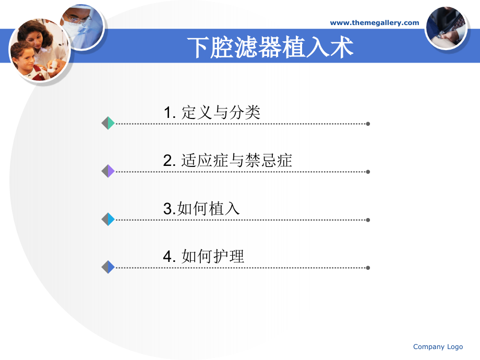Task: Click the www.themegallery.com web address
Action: (x=375, y=22)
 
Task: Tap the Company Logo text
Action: (x=438, y=347)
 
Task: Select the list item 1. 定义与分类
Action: (x=212, y=112)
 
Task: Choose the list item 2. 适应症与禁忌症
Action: (x=227, y=161)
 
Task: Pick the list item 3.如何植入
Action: (x=201, y=209)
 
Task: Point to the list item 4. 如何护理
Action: (x=203, y=256)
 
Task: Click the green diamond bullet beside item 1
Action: (x=108, y=124)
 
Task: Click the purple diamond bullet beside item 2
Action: (x=108, y=171)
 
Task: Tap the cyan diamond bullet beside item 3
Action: (x=108, y=220)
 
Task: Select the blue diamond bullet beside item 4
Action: (x=108, y=267)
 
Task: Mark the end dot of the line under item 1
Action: (x=368, y=124)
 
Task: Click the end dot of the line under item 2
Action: (x=368, y=172)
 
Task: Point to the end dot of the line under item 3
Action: (x=368, y=220)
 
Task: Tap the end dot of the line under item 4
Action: (x=368, y=268)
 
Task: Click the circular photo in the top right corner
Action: (x=446, y=28)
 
